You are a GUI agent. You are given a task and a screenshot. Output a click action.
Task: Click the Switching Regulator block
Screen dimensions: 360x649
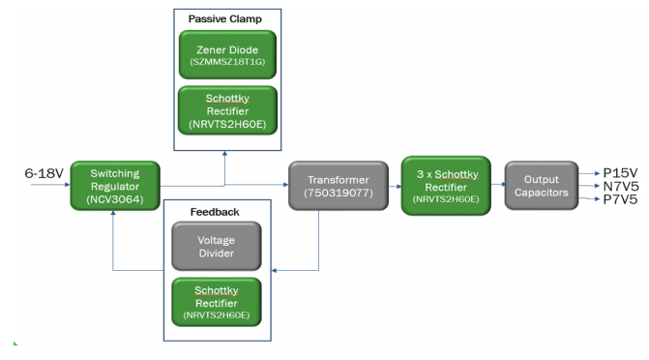(x=113, y=181)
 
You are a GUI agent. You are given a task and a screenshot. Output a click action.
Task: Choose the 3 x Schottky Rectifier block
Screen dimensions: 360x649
(x=446, y=181)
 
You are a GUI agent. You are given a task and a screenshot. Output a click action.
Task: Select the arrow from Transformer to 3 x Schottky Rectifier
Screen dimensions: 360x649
(x=389, y=181)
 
